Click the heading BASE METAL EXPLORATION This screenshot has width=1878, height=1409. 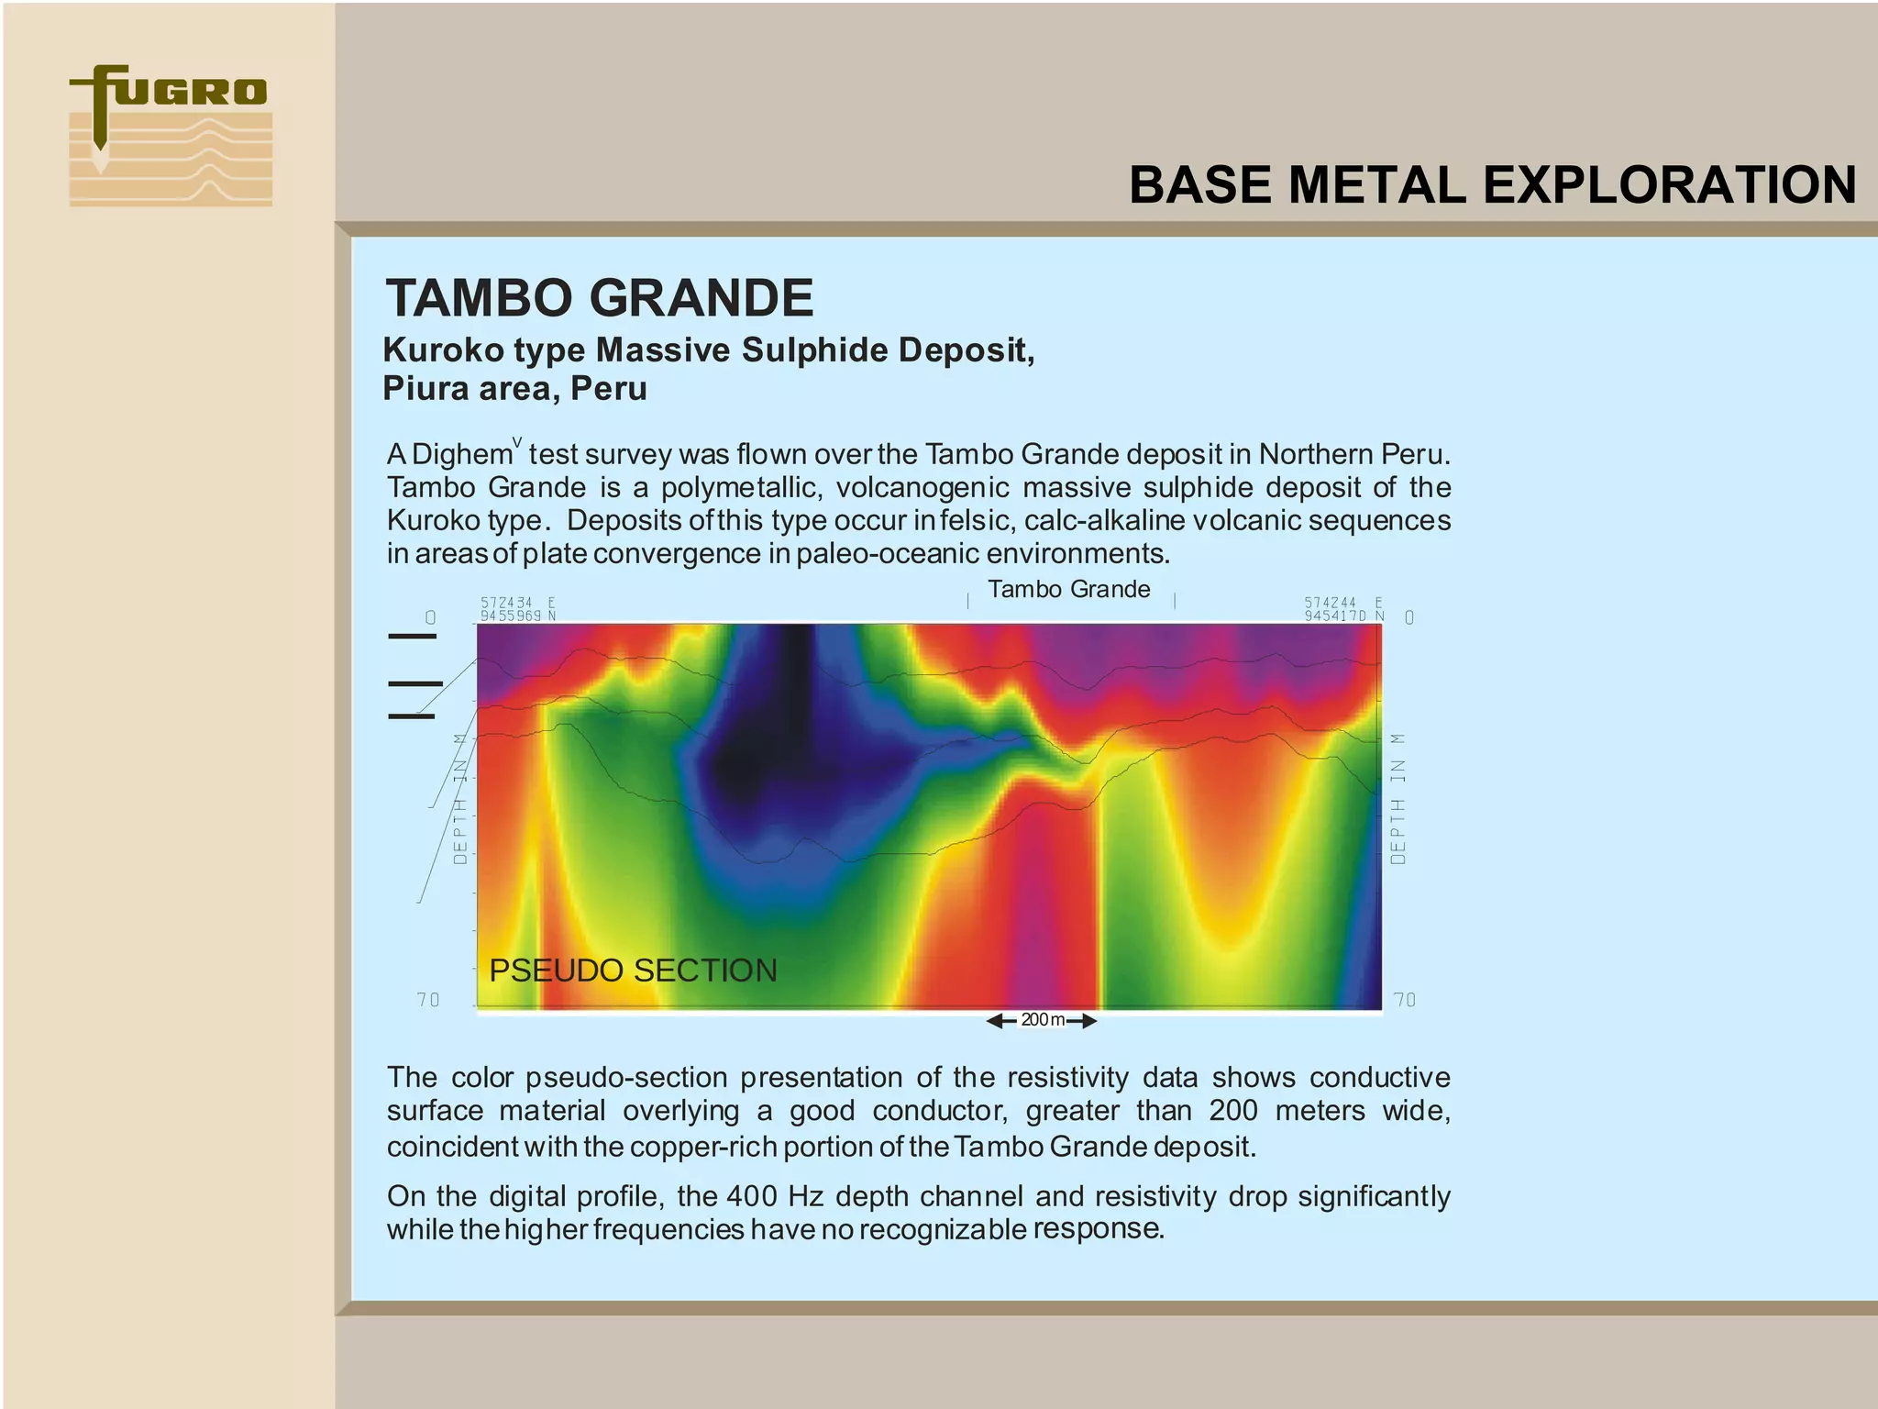coord(1492,185)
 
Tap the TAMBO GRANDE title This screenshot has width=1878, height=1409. coord(599,298)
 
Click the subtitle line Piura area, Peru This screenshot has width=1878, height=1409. coord(514,389)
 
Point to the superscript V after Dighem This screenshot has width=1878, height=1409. coord(517,443)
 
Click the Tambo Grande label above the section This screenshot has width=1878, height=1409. coord(1068,589)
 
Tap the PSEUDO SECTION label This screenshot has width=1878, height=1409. coord(633,971)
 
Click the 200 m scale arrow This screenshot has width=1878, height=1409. coord(1042,1020)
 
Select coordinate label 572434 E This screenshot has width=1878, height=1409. coord(518,603)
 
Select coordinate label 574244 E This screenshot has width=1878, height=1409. coord(1342,603)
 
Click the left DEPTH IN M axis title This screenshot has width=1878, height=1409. coord(460,798)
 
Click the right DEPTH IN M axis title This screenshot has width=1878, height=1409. coord(1397,798)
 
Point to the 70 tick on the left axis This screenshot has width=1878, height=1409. coord(428,1000)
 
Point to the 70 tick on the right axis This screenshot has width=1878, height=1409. coord(1404,1000)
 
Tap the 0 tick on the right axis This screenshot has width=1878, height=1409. coord(1409,617)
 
